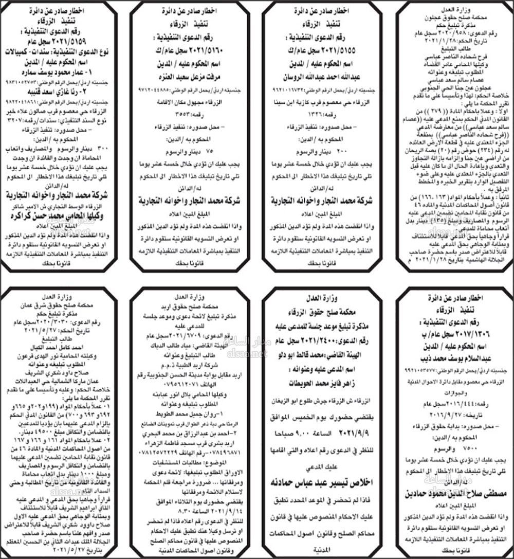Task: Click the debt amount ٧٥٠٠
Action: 481,447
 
